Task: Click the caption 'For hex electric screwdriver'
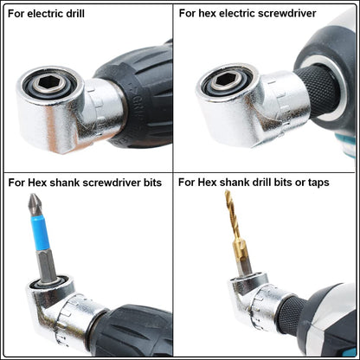tap(247, 13)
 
